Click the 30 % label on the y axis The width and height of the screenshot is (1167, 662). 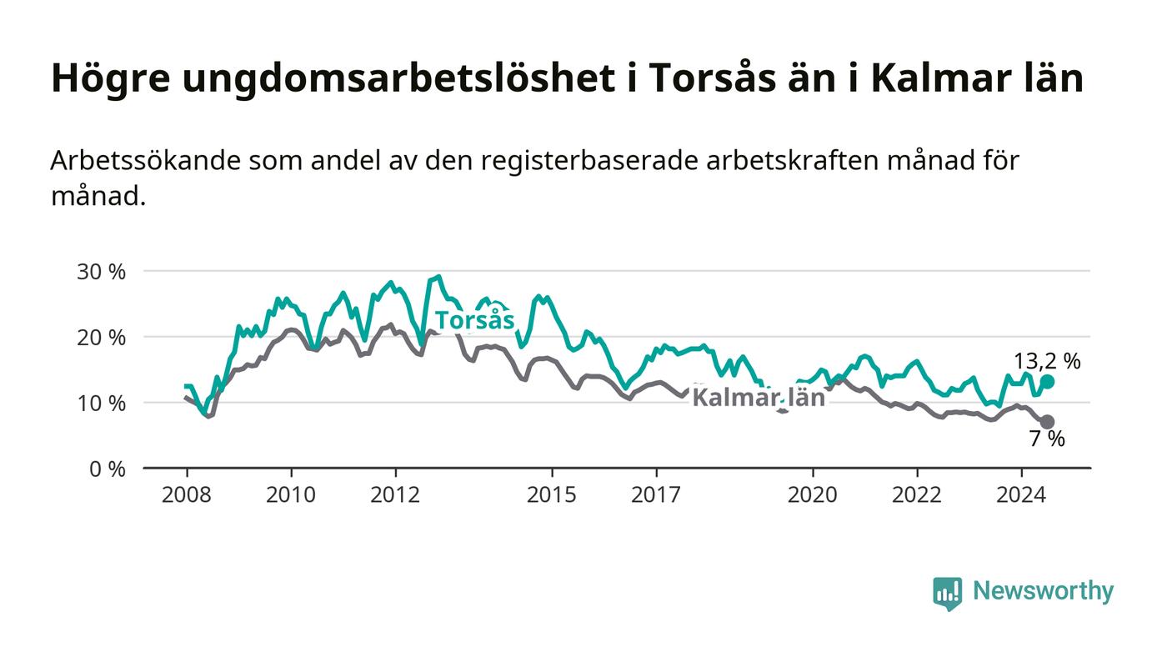[x=101, y=272]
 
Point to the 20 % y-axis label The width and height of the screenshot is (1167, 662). [x=101, y=338]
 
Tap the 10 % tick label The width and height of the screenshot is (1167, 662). [x=101, y=404]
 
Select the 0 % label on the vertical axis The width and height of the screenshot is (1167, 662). [x=108, y=469]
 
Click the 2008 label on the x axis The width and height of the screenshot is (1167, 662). [x=187, y=494]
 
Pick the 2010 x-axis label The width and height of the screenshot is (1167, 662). [x=291, y=494]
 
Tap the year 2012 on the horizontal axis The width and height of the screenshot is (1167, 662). [x=395, y=494]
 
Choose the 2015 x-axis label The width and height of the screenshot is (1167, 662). [x=552, y=494]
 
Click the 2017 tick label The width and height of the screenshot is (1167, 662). [x=656, y=494]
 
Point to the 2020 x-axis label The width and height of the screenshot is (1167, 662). [x=812, y=494]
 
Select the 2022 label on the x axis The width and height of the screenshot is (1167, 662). [x=917, y=494]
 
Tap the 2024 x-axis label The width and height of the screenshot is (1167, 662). [x=1021, y=494]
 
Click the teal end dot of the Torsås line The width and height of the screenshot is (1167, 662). [x=1047, y=382]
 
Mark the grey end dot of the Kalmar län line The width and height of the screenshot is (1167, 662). [x=1047, y=422]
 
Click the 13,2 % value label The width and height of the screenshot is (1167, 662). [x=1047, y=361]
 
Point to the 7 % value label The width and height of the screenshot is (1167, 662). [x=1047, y=439]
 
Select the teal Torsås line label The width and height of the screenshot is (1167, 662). [x=474, y=320]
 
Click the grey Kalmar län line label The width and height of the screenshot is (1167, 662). [x=759, y=398]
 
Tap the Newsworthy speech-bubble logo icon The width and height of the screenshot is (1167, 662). [x=947, y=594]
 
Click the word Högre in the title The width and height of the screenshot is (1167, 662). [x=111, y=79]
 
